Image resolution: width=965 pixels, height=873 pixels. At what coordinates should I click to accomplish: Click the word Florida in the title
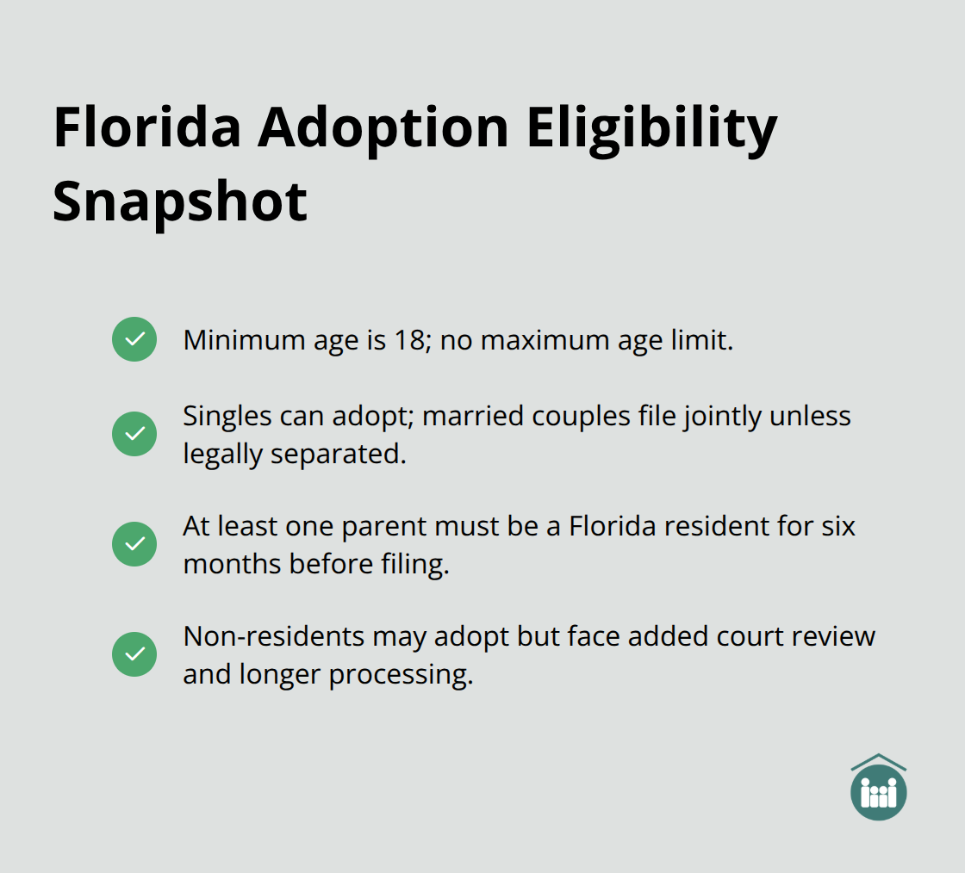click(146, 129)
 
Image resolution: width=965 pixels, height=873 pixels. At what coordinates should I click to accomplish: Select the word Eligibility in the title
click(652, 129)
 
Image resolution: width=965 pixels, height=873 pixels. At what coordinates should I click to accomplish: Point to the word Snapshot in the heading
click(179, 201)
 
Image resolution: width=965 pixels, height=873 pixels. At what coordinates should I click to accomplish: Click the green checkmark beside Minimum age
click(134, 339)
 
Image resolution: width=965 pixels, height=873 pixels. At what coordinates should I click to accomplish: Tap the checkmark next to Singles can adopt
click(134, 434)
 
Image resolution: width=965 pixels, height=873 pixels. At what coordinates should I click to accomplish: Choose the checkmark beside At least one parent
click(134, 544)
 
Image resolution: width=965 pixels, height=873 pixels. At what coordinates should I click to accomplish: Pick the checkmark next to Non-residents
click(134, 654)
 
